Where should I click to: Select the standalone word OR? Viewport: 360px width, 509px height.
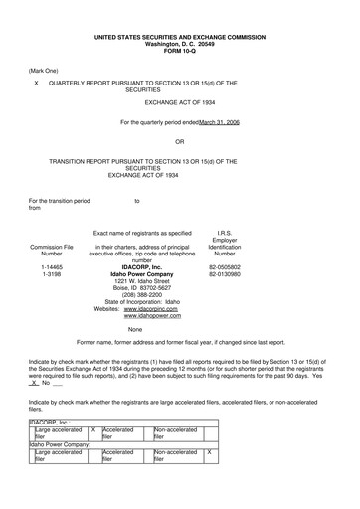click(x=180, y=140)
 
